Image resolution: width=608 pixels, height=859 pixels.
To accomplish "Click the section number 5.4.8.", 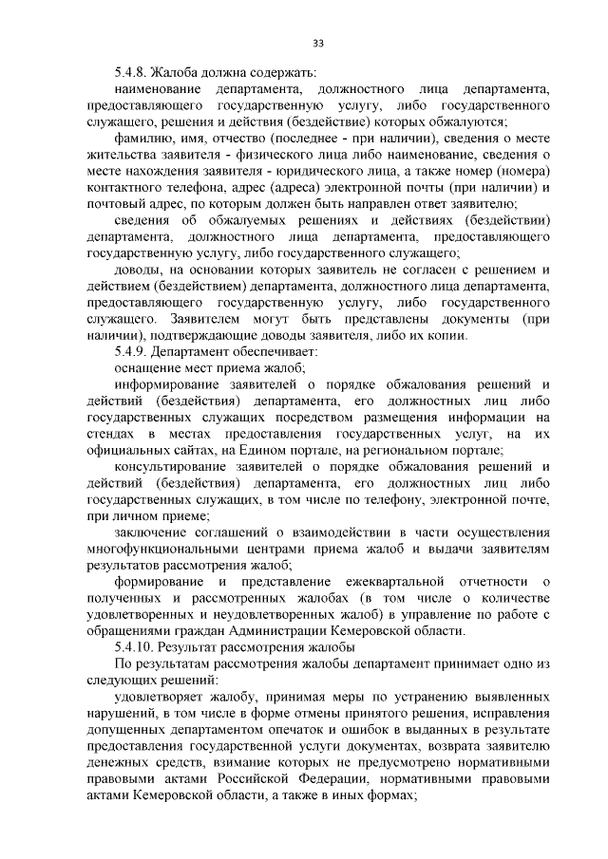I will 131,72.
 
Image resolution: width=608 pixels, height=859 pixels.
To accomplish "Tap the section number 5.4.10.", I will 134,647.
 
